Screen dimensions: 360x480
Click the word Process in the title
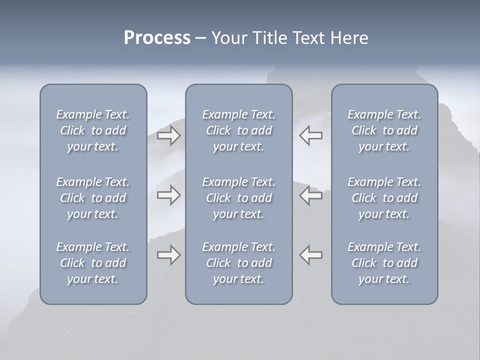[x=157, y=38]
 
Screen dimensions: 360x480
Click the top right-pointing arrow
[x=168, y=135]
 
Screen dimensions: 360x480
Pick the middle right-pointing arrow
[x=168, y=195]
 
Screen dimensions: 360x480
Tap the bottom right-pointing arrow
[x=168, y=255]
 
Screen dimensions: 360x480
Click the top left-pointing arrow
[x=310, y=135]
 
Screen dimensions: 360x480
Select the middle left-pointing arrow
[x=310, y=195]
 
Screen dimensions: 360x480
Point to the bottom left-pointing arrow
[x=310, y=255]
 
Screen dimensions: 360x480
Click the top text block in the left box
[x=93, y=130]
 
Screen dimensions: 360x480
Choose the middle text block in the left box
[x=93, y=198]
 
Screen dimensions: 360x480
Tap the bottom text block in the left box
[x=93, y=263]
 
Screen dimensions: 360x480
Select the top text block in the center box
[x=238, y=130]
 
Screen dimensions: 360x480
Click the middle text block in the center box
[x=238, y=198]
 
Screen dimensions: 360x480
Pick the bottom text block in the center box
[x=238, y=263]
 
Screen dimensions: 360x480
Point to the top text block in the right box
[x=384, y=130]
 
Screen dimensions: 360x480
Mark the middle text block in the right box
[x=384, y=198]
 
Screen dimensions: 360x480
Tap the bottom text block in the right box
[x=384, y=263]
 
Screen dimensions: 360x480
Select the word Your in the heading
[x=229, y=38]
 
